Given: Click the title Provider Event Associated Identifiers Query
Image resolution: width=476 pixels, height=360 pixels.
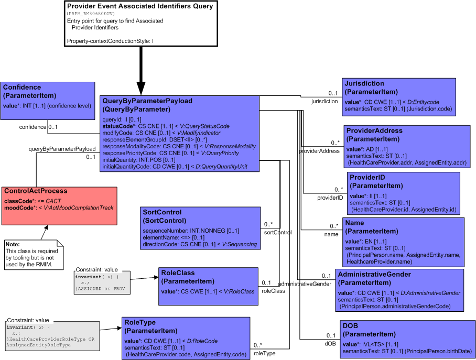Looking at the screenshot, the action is pyautogui.click(x=140, y=6).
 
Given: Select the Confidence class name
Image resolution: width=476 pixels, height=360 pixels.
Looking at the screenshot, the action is pyautogui.click(x=22, y=87).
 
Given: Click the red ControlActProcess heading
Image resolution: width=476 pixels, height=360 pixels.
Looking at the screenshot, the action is pyautogui.click(x=36, y=191).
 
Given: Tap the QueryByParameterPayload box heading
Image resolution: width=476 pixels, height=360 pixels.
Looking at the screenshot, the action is pyautogui.click(x=147, y=101).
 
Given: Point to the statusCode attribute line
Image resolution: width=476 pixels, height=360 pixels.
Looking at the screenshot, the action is pyautogui.click(x=166, y=126).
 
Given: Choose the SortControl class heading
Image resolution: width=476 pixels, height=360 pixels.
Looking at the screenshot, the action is pyautogui.click(x=162, y=212).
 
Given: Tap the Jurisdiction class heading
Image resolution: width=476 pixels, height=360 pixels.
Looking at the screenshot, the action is pyautogui.click(x=364, y=83).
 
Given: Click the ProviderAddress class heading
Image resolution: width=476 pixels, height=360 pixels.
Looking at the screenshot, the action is pyautogui.click(x=374, y=130).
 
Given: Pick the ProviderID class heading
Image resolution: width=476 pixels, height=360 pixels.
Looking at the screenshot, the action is pyautogui.click(x=367, y=177).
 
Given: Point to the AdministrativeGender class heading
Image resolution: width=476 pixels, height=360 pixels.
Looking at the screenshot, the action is pyautogui.click(x=374, y=275).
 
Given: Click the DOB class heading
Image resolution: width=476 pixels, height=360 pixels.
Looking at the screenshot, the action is pyautogui.click(x=350, y=326).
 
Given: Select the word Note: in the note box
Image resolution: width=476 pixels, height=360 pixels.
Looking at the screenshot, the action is pyautogui.click(x=13, y=244).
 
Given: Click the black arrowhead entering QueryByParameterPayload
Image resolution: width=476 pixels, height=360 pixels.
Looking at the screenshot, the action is pyautogui.click(x=141, y=89).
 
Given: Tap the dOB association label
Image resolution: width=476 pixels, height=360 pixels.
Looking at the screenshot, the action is pyautogui.click(x=330, y=344).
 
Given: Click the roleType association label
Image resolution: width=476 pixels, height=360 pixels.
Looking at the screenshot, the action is pyautogui.click(x=264, y=353).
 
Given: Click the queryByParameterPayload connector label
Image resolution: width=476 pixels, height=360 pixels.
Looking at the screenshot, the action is pyautogui.click(x=62, y=149).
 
